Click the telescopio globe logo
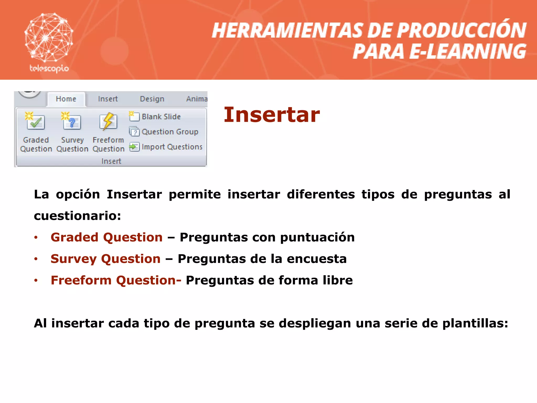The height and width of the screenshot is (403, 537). (x=49, y=37)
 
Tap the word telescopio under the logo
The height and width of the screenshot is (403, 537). (x=49, y=68)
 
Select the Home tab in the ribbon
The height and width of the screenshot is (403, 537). (x=66, y=99)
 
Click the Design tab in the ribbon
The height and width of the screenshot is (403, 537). (x=152, y=99)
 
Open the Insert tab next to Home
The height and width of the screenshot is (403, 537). (x=108, y=99)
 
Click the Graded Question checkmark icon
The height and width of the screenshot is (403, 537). (x=35, y=122)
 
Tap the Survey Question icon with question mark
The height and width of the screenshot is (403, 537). (x=72, y=122)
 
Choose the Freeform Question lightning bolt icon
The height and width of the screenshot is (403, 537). (x=108, y=122)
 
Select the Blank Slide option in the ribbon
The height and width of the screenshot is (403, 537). (x=161, y=116)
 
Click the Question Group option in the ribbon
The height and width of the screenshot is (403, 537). (x=169, y=132)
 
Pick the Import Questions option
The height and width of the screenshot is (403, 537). (x=171, y=147)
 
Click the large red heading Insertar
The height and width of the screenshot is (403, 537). (x=272, y=115)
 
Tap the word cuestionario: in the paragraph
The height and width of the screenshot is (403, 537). (x=77, y=216)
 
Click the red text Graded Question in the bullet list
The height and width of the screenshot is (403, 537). (x=106, y=237)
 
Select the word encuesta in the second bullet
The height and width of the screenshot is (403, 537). (x=316, y=259)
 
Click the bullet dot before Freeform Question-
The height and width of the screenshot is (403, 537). (x=36, y=280)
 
